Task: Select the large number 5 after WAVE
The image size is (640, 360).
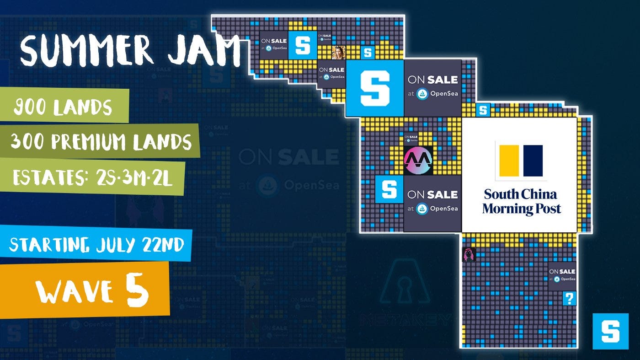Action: point(138,290)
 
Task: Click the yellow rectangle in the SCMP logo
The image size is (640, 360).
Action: point(509,161)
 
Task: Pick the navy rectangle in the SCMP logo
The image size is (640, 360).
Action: point(533,161)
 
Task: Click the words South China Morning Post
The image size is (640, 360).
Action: point(521,202)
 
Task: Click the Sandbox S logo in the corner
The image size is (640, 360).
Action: point(610,331)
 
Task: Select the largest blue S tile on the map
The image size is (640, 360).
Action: point(374,88)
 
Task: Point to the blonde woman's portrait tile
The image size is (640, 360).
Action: point(338,52)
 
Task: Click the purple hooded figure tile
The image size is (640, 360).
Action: point(469,254)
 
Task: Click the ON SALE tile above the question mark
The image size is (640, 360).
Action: point(562,275)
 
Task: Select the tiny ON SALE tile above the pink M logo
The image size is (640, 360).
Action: point(411,138)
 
